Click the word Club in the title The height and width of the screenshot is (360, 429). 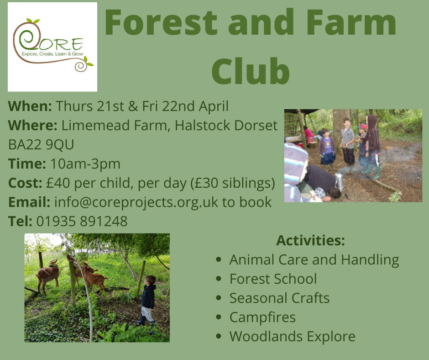click(x=251, y=71)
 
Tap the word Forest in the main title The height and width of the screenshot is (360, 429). click(x=161, y=22)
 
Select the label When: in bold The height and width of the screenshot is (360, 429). click(x=30, y=106)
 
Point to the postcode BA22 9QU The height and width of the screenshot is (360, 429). click(x=41, y=145)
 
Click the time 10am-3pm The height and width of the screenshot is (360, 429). click(x=85, y=164)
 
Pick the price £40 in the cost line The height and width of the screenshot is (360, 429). click(x=58, y=183)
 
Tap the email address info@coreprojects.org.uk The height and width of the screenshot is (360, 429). click(x=136, y=202)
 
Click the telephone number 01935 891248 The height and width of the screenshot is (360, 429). click(x=82, y=222)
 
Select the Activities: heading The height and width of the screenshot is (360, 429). click(x=310, y=240)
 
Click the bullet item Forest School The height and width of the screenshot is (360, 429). click(x=273, y=279)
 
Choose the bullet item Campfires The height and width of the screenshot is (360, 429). click(x=262, y=317)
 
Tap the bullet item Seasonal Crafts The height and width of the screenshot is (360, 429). click(x=279, y=298)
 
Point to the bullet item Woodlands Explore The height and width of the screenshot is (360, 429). click(x=292, y=336)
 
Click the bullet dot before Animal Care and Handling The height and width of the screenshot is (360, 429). click(x=218, y=259)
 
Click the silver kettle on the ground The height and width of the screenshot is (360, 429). click(x=340, y=182)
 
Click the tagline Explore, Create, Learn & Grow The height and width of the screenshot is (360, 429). click(x=52, y=54)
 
